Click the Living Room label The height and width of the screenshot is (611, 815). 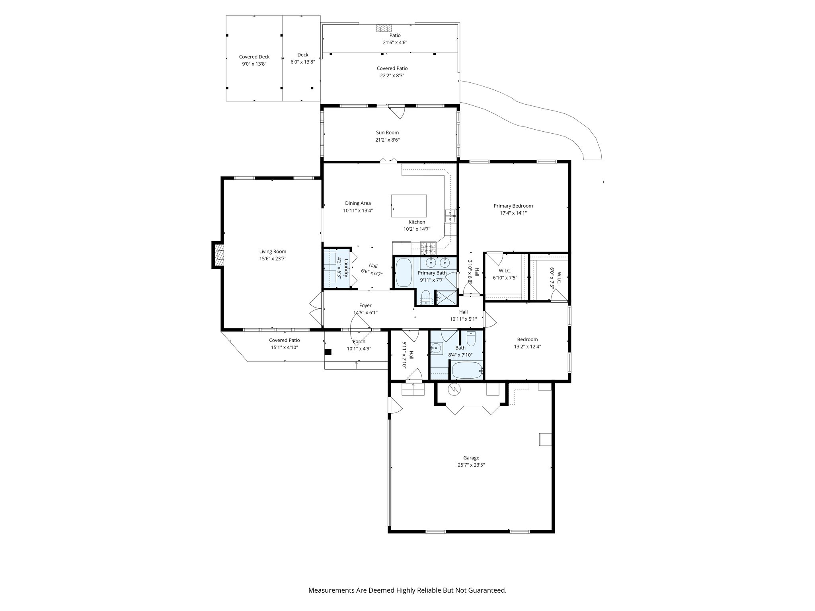tap(273, 251)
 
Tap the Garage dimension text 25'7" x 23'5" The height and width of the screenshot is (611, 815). tap(471, 465)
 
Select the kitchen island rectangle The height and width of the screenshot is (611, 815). tap(409, 206)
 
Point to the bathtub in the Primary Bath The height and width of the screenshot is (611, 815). tap(404, 272)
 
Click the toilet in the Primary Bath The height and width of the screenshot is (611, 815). tap(425, 297)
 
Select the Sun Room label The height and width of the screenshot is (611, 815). tap(387, 132)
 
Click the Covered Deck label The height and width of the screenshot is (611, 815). tap(254, 57)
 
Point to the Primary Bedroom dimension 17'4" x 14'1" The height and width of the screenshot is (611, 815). tap(513, 213)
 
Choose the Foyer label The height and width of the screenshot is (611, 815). tap(365, 305)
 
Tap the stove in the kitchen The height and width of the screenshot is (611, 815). tap(428, 248)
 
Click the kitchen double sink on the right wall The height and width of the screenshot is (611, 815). tap(450, 216)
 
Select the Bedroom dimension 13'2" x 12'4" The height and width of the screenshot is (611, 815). tap(527, 346)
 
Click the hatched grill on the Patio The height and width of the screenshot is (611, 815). tap(384, 28)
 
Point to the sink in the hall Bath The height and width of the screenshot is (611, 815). tap(436, 349)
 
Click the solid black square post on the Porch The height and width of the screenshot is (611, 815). tap(328, 352)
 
